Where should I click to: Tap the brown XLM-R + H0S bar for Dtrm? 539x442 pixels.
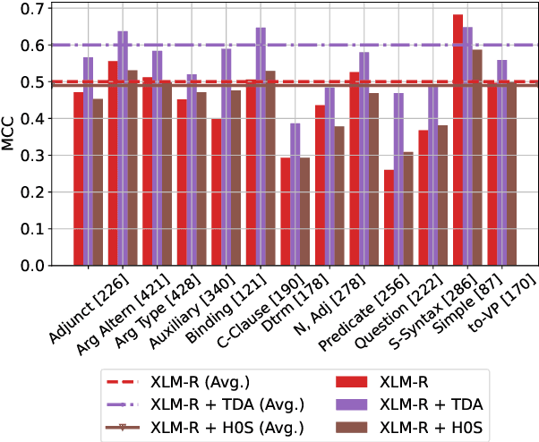click(x=304, y=212)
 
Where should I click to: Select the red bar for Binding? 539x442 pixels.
click(x=215, y=192)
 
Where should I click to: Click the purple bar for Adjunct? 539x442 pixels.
click(x=89, y=162)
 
